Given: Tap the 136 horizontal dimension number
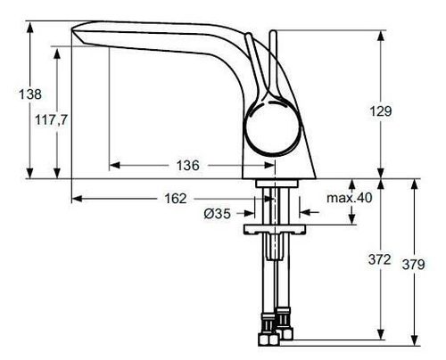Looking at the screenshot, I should tap(187, 166).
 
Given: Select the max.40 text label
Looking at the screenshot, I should tap(349, 198).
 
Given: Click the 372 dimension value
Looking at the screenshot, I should tap(380, 260).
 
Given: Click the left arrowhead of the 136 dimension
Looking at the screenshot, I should tap(113, 166).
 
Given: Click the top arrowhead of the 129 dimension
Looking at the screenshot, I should tap(382, 34).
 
